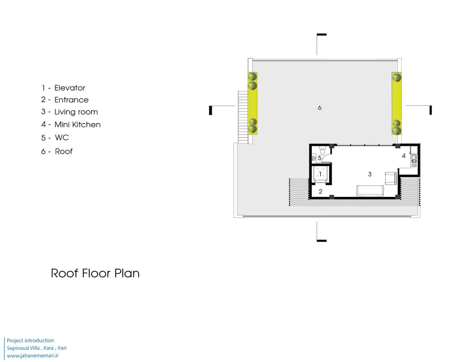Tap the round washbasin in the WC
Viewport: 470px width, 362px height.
point(313,158)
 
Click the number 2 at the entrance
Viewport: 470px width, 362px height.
point(321,191)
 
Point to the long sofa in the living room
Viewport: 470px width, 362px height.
point(370,191)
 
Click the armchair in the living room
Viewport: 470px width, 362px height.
point(391,179)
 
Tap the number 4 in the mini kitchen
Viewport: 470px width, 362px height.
point(404,156)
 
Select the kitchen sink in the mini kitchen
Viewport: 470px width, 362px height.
point(414,159)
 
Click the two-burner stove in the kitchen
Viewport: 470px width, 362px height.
point(414,166)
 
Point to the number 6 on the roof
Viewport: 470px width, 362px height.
point(320,108)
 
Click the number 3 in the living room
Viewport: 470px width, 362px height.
point(370,174)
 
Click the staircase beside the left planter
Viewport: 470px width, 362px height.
point(243,117)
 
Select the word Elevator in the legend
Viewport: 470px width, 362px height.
point(70,88)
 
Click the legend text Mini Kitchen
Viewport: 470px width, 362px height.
point(78,125)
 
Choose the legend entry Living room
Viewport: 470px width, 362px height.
point(76,112)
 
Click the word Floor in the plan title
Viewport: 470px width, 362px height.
point(96,273)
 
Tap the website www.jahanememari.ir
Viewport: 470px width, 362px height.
point(33,356)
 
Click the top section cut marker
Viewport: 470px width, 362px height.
point(321,44)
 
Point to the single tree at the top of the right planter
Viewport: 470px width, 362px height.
point(396,77)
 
